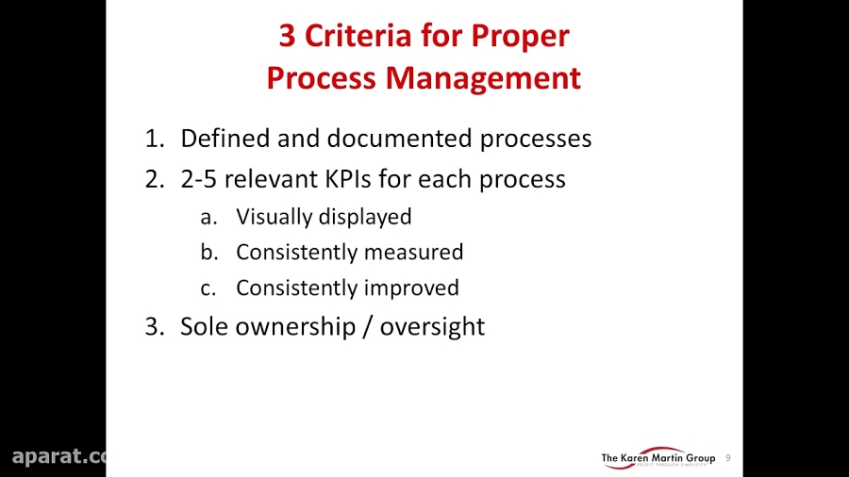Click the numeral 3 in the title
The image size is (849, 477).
[287, 37]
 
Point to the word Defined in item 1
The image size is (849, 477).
[225, 139]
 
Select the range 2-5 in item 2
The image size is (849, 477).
[200, 179]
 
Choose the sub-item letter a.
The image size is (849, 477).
[208, 217]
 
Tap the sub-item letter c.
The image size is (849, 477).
[208, 288]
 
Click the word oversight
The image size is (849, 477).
[432, 327]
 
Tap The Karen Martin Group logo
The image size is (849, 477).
[658, 458]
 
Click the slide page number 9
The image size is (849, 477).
[728, 458]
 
